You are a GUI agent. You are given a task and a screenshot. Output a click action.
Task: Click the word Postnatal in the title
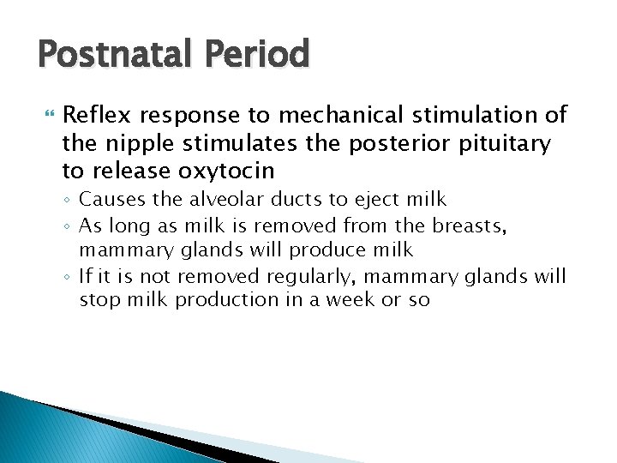(116, 55)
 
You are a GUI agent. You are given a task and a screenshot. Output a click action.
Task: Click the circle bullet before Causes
(69, 201)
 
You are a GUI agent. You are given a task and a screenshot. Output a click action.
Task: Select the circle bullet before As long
(69, 225)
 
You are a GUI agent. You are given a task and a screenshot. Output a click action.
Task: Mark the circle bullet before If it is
(69, 276)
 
